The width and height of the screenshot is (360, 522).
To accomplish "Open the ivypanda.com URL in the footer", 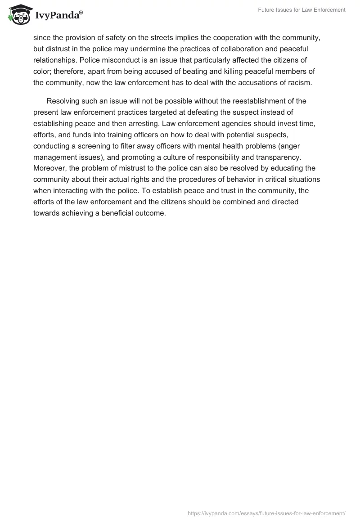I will tap(266, 513).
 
